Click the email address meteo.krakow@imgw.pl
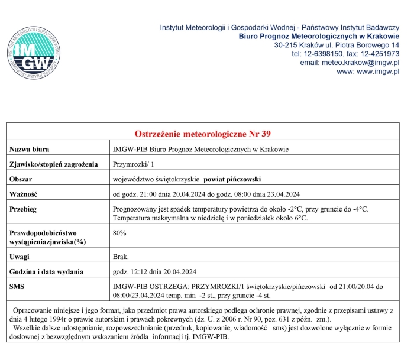(350, 63)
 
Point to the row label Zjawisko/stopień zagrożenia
(53, 164)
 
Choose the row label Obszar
(21, 179)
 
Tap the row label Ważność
(24, 194)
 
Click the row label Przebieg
(24, 209)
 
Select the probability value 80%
(119, 233)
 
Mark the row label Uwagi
(20, 257)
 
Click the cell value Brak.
(121, 257)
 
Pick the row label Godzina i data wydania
(46, 272)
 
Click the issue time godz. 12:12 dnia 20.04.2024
(154, 272)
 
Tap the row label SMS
(17, 287)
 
